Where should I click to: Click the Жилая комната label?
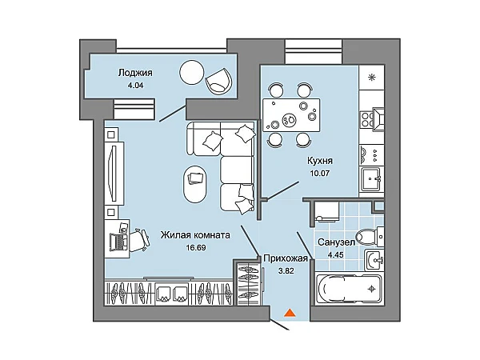(x=195, y=235)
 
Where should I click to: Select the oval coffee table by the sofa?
(x=196, y=184)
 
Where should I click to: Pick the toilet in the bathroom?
(x=367, y=237)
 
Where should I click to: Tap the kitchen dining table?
(x=288, y=115)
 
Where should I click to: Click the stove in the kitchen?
(x=371, y=119)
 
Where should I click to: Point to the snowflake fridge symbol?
(x=371, y=78)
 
